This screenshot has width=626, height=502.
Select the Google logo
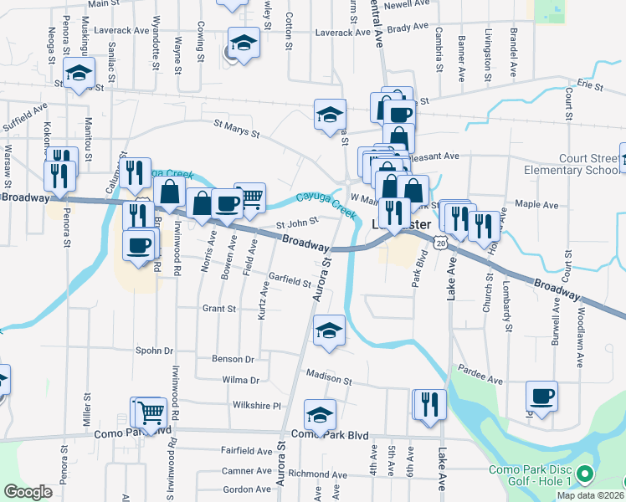point(28,492)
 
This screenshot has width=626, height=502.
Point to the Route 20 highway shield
point(441,241)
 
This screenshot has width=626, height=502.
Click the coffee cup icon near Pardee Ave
point(541,397)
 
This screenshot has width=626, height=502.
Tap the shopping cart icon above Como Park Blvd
point(151,412)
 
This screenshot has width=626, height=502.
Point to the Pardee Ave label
point(480,381)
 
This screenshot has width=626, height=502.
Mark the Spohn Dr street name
point(153,351)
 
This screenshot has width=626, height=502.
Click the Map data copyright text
point(590,495)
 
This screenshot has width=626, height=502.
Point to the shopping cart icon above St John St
point(249,198)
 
